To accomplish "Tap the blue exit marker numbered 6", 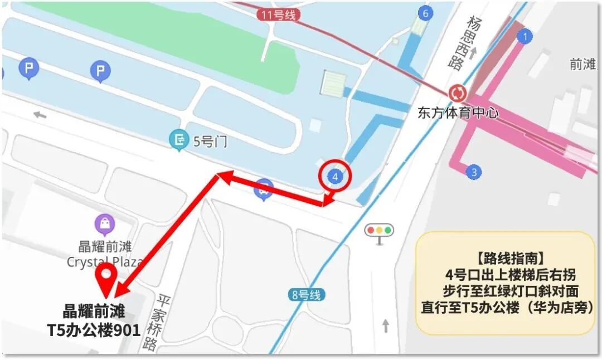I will [x=425, y=13].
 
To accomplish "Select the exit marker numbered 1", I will [x=524, y=37].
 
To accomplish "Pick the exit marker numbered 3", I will [x=474, y=172].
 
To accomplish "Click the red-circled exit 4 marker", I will [x=335, y=177].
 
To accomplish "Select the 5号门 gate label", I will [x=210, y=141].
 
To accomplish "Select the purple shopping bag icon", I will [x=105, y=225].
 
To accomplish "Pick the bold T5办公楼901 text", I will [x=93, y=330].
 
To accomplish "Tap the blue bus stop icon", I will [x=264, y=189].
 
